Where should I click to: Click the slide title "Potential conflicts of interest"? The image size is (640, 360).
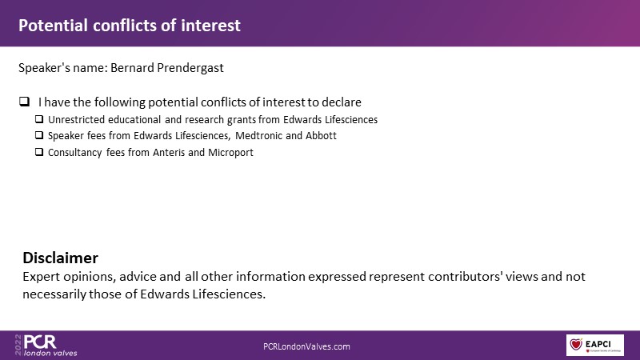pyautogui.click(x=130, y=26)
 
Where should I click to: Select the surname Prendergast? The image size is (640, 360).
pyautogui.click(x=190, y=68)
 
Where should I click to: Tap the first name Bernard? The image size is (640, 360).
pyautogui.click(x=132, y=67)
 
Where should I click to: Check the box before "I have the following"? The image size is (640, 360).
pyautogui.click(x=25, y=102)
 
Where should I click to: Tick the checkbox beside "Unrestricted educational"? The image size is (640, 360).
pyautogui.click(x=39, y=119)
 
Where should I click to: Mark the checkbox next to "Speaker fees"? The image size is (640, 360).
pyautogui.click(x=39, y=135)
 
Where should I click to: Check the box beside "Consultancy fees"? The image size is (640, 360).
pyautogui.click(x=39, y=152)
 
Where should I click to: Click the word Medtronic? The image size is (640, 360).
pyautogui.click(x=258, y=135)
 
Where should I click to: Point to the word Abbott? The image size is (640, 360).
pyautogui.click(x=322, y=135)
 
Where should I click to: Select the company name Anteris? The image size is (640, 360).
pyautogui.click(x=169, y=152)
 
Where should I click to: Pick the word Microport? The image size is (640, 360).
pyautogui.click(x=230, y=153)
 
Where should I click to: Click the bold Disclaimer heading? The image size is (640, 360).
pyautogui.click(x=61, y=258)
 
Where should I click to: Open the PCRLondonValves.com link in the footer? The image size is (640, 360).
pyautogui.click(x=306, y=346)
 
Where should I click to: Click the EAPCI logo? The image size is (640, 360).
pyautogui.click(x=594, y=345)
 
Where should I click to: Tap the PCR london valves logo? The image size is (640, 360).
pyautogui.click(x=46, y=346)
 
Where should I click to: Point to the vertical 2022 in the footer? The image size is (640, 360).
pyautogui.click(x=18, y=345)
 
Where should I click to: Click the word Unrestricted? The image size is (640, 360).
pyautogui.click(x=76, y=119)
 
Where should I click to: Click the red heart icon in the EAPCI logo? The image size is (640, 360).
pyautogui.click(x=576, y=344)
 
